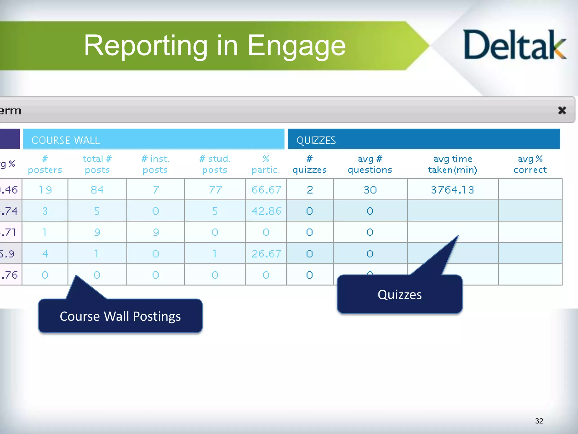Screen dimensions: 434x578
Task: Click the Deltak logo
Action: click(514, 45)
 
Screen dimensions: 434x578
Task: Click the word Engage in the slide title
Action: click(296, 46)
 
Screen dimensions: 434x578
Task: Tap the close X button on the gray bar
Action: click(562, 110)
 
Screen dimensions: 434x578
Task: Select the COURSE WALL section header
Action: click(154, 140)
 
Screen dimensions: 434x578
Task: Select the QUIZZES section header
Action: click(423, 140)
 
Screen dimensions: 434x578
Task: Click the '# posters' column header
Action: click(45, 164)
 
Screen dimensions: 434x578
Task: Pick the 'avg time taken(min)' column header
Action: click(452, 164)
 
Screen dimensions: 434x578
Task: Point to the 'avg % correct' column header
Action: click(530, 164)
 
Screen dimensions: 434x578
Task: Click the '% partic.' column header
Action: click(266, 164)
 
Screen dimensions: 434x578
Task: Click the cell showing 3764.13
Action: click(452, 190)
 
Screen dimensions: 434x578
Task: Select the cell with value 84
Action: click(97, 190)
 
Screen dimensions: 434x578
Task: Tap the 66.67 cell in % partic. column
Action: click(266, 190)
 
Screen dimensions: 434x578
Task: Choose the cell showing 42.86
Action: click(266, 211)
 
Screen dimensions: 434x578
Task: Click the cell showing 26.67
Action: click(266, 253)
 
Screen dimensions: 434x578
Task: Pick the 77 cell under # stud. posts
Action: click(215, 190)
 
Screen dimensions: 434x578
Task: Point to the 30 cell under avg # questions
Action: click(370, 190)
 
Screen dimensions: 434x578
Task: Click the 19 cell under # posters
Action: click(45, 190)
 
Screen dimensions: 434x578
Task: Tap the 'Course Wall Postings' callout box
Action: click(120, 316)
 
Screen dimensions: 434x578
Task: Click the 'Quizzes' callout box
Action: click(399, 295)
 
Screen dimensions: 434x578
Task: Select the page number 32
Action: click(539, 421)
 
